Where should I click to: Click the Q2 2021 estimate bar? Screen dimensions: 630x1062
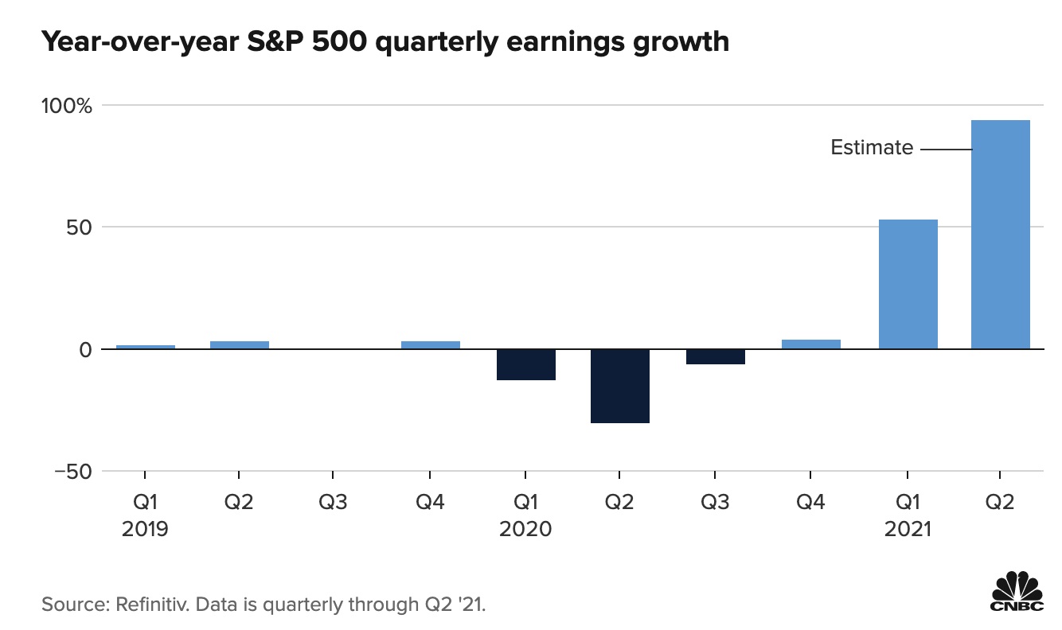pyautogui.click(x=1000, y=235)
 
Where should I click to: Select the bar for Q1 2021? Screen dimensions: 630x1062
pyautogui.click(x=908, y=284)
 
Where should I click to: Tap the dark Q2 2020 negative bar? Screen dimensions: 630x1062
pyautogui.click(x=620, y=386)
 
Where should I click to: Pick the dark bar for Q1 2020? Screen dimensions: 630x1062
pyautogui.click(x=525, y=364)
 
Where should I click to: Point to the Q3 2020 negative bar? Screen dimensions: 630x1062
pyautogui.click(x=715, y=356)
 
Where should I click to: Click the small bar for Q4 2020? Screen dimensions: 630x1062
pyautogui.click(x=811, y=344)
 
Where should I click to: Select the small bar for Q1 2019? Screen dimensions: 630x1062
pyautogui.click(x=145, y=346)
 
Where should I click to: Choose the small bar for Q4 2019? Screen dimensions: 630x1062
pyautogui.click(x=430, y=344)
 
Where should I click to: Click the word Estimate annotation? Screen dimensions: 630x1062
pyautogui.click(x=872, y=147)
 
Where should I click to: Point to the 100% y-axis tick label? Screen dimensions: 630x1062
pyautogui.click(x=72, y=105)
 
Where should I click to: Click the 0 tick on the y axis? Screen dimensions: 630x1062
pyautogui.click(x=86, y=349)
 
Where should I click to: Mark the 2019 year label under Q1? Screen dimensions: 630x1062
pyautogui.click(x=145, y=529)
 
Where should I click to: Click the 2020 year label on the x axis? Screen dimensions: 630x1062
pyautogui.click(x=525, y=529)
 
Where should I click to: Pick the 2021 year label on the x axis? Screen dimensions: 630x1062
pyautogui.click(x=908, y=529)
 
